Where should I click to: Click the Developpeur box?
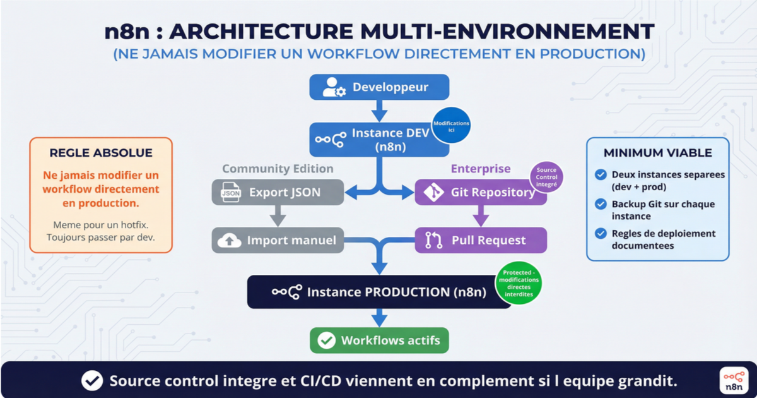coord(378,87)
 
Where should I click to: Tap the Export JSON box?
coord(278,192)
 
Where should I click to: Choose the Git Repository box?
coord(479,192)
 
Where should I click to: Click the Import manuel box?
coord(278,240)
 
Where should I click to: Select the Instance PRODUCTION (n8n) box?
coord(378,292)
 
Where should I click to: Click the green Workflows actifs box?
coord(379,341)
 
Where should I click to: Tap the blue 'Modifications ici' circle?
coord(451,126)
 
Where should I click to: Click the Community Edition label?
coord(278,169)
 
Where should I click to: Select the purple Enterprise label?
coord(480,169)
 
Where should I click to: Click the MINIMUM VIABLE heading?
coord(657,153)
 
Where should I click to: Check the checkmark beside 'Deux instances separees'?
coord(601,175)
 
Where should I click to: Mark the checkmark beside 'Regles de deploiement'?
coord(601,234)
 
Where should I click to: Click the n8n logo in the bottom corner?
coord(733,380)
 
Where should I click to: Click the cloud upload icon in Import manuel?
coord(229,241)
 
